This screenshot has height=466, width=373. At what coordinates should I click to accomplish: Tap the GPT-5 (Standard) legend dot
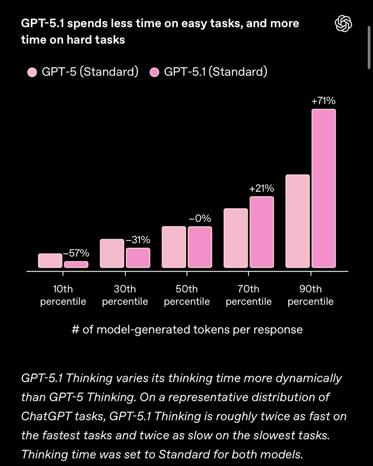[32, 72]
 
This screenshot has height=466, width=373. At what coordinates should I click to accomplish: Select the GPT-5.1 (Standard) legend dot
[155, 72]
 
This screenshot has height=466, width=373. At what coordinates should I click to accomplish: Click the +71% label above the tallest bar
[323, 101]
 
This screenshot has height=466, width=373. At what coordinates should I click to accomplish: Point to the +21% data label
[262, 189]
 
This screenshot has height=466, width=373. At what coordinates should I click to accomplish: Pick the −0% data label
[200, 218]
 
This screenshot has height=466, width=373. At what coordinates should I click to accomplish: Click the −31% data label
[138, 240]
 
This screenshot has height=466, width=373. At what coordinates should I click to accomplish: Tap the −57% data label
[76, 253]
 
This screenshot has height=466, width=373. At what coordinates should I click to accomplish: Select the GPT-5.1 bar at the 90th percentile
[323, 189]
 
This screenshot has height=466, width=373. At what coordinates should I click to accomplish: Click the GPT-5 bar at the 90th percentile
[298, 221]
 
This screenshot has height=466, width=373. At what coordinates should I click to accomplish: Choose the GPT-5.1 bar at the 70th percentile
[262, 232]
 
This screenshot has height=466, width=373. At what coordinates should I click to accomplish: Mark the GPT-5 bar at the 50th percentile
[174, 247]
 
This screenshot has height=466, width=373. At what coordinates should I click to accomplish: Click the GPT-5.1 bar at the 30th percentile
[138, 258]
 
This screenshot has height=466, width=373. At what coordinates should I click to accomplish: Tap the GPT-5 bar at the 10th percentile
[50, 261]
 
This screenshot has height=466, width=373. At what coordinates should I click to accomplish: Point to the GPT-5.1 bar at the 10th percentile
[76, 265]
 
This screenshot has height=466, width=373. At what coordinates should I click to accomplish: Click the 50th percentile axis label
[187, 295]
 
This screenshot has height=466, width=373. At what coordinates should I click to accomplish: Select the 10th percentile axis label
[63, 295]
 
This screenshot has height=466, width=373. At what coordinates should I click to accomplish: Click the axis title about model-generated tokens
[187, 329]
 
